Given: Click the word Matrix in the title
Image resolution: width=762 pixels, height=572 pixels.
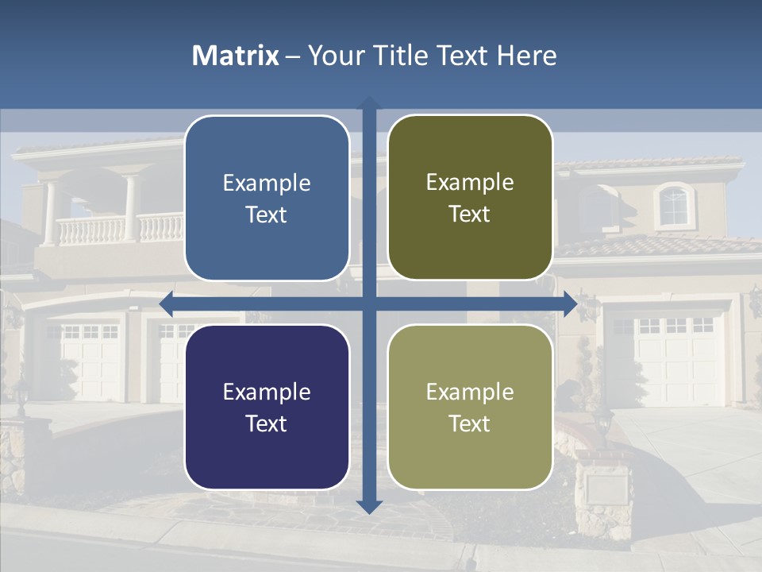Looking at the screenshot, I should pos(235,56).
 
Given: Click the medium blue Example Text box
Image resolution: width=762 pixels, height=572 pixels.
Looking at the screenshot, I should pos(267,198).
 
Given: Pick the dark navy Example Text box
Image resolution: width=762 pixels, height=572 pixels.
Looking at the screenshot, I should pos(267,407).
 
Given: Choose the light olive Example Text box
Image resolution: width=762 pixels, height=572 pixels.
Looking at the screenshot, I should pos(470,407).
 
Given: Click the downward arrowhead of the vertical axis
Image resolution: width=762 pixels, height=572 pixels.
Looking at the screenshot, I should pos(369,506).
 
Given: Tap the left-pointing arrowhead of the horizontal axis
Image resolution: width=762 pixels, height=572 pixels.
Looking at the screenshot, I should pos(167,303).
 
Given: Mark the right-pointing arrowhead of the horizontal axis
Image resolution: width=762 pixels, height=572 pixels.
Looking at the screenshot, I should pos(570,303).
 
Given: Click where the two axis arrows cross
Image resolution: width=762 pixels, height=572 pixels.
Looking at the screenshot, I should pos(369,303).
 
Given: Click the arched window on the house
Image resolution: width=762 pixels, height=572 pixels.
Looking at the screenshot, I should pos(673,205).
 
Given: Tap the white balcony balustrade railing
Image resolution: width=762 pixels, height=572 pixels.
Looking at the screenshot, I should pos(119,230).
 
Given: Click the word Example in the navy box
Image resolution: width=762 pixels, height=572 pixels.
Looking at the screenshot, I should pos(267,392).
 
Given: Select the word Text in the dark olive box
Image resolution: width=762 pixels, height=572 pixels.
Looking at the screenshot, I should pos(470,214).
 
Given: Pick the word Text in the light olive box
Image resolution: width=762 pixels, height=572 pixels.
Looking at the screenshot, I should pos(470,423).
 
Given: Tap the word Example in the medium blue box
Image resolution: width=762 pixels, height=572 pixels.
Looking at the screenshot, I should pos(267,183).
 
